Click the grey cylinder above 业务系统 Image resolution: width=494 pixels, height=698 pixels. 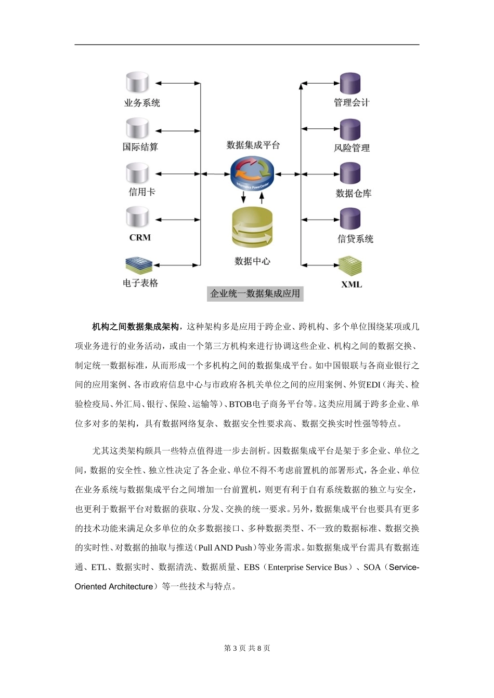click(137, 83)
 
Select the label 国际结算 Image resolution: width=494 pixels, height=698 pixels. click(140, 147)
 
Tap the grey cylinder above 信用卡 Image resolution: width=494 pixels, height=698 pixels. click(137, 173)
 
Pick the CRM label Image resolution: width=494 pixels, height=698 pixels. click(140, 237)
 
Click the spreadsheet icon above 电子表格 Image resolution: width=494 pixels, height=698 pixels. click(139, 265)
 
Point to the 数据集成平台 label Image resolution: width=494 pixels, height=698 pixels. click(253, 145)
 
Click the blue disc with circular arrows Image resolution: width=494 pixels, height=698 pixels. click(252, 173)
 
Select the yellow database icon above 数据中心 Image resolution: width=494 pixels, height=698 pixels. click(252, 228)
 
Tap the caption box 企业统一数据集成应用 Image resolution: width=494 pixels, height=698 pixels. click(255, 293)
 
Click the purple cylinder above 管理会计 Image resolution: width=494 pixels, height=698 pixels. click(350, 83)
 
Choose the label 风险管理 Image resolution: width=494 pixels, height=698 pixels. click(352, 148)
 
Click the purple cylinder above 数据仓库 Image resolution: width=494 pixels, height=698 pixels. click(350, 173)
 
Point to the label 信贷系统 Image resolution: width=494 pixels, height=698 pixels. click(355, 239)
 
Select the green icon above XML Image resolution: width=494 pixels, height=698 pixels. click(350, 265)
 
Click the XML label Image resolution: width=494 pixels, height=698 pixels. click(352, 284)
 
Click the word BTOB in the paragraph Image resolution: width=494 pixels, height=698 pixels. click(241, 404)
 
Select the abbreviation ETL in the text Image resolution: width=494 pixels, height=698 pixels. click(99, 567)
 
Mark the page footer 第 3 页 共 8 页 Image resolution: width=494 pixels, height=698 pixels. click(247, 648)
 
